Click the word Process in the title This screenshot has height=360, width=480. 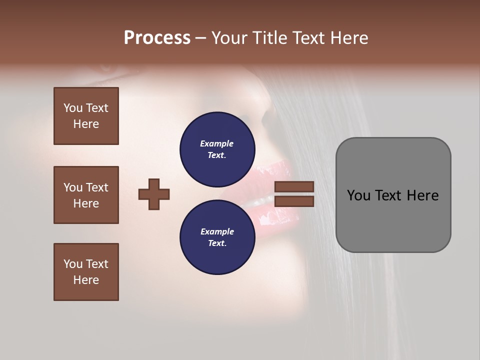click(x=157, y=38)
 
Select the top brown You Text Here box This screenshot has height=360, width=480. click(x=86, y=116)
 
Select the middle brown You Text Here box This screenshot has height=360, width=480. click(x=86, y=195)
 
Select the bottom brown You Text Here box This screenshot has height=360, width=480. click(x=86, y=272)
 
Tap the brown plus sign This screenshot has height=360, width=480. click(x=154, y=194)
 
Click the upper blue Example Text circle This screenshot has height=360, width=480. click(x=217, y=149)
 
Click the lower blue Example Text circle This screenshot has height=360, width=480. click(x=217, y=237)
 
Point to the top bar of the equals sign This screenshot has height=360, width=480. click(x=294, y=186)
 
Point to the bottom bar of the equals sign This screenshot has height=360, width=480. click(x=294, y=201)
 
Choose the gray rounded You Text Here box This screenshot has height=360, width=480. click(x=393, y=195)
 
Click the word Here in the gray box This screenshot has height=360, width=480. click(x=422, y=195)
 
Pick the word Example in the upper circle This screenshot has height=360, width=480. click(x=217, y=143)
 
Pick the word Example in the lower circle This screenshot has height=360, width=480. click(x=217, y=231)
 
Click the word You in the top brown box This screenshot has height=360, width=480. click(x=73, y=108)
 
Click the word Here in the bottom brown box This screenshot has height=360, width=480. click(x=86, y=280)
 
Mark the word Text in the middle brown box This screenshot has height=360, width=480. click(x=97, y=187)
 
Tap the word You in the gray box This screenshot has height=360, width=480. click(x=359, y=195)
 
